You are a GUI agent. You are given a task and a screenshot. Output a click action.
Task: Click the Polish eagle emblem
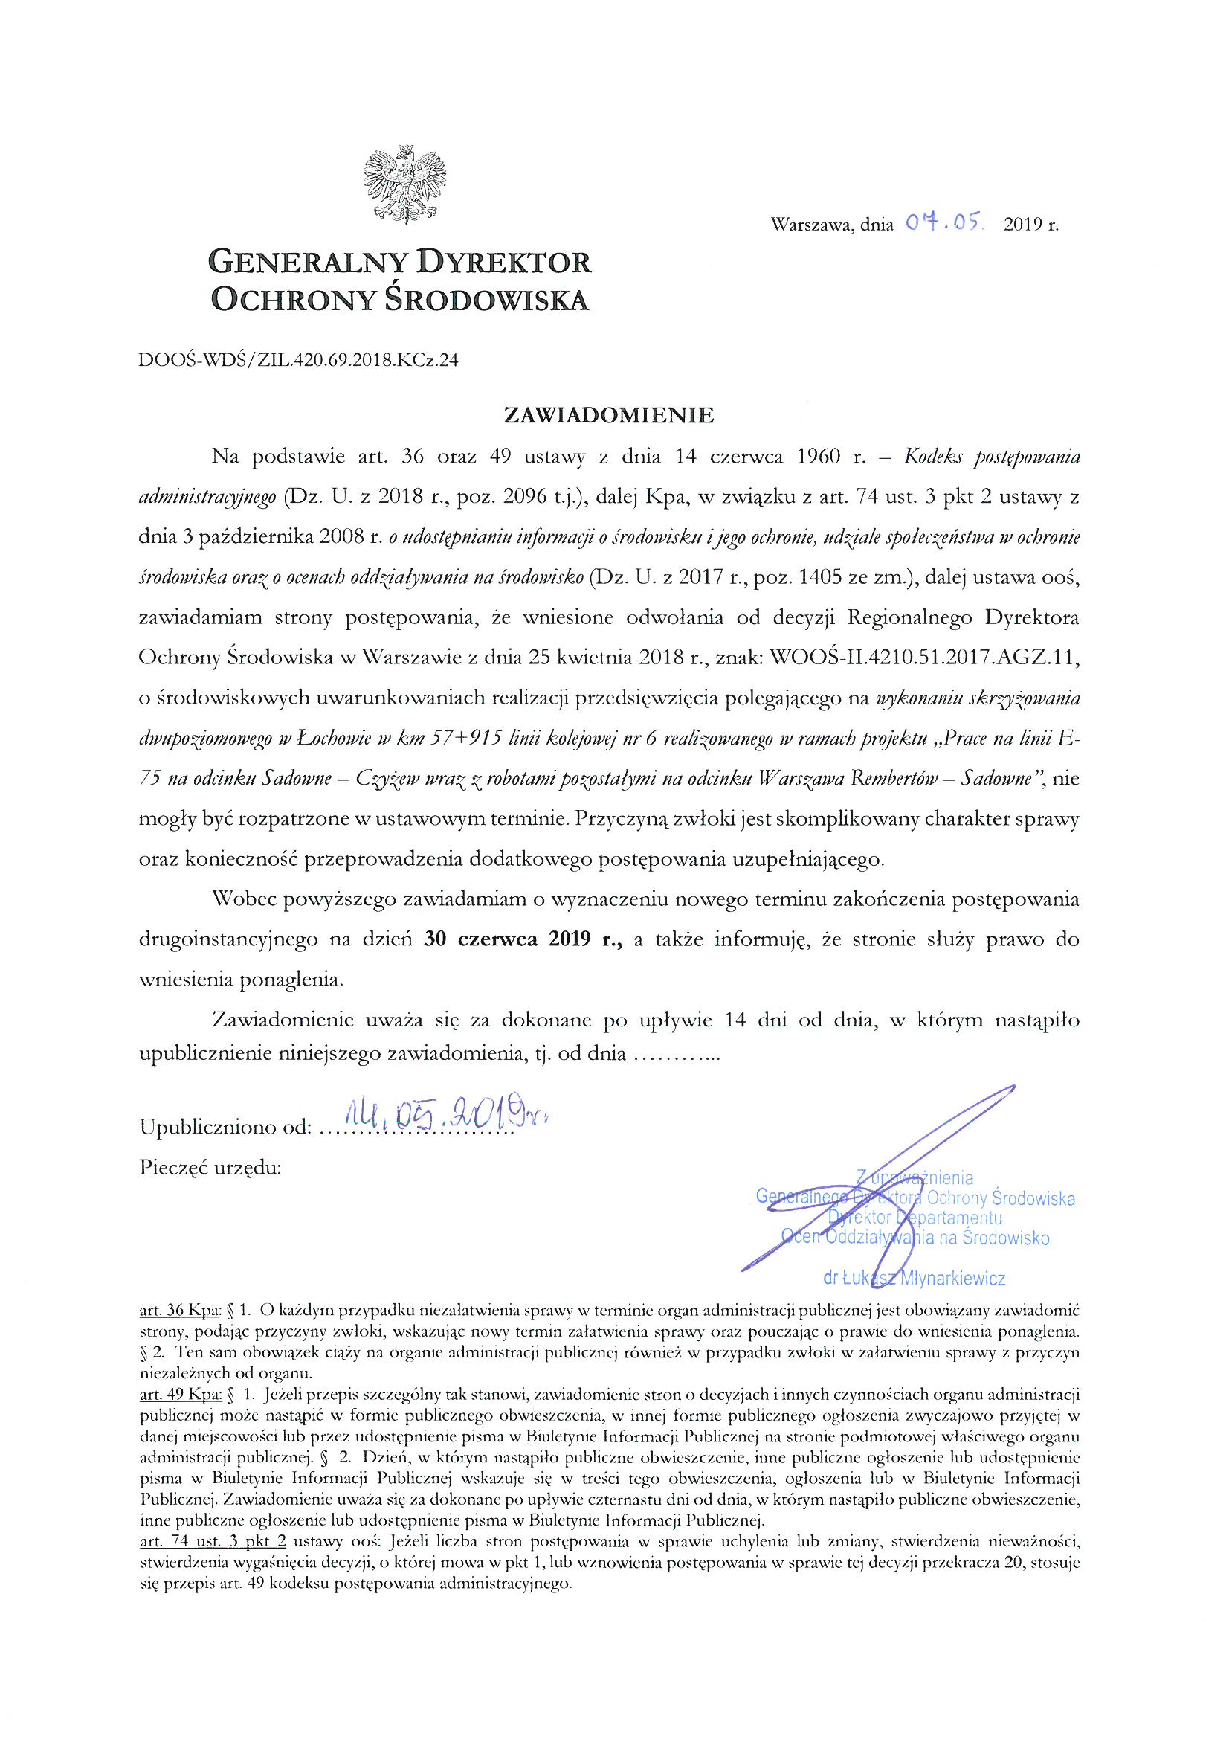click(404, 184)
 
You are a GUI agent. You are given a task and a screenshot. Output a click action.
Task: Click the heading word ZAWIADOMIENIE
click(609, 415)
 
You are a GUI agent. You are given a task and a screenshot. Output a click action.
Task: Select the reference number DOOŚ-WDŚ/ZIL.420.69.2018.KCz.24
click(298, 359)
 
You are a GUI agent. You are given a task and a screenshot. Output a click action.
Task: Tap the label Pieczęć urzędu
click(210, 1167)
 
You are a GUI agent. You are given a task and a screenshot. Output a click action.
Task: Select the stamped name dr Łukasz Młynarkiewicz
click(914, 1279)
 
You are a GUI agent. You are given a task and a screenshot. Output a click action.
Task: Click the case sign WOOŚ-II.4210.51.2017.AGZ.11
click(924, 658)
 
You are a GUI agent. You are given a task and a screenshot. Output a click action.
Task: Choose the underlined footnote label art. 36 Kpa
click(178, 1311)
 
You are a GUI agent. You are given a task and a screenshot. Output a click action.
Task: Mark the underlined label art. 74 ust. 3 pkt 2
click(213, 1540)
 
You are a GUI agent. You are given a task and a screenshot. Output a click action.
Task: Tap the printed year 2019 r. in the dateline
click(1030, 224)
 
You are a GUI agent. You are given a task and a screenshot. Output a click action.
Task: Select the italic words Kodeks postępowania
click(992, 457)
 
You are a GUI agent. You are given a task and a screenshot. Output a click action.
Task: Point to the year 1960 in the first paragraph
click(818, 457)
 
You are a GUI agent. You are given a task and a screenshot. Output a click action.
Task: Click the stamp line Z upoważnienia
click(914, 1177)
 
